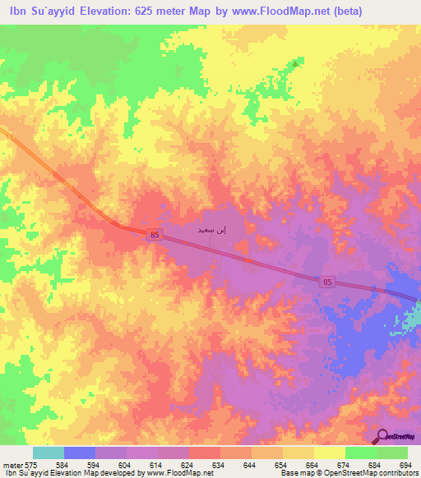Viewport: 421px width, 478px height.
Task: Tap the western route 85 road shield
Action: [x=155, y=235]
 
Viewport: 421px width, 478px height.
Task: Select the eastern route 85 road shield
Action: [x=328, y=282]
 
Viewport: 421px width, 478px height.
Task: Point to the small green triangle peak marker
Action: [x=295, y=62]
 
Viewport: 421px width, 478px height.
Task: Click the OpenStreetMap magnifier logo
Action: [x=382, y=437]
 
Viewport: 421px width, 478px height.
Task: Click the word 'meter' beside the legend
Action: [x=12, y=466]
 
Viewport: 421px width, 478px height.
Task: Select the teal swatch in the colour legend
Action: [x=49, y=453]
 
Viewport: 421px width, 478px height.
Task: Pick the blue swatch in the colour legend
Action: [x=80, y=453]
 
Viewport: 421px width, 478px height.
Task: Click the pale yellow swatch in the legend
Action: [x=329, y=453]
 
